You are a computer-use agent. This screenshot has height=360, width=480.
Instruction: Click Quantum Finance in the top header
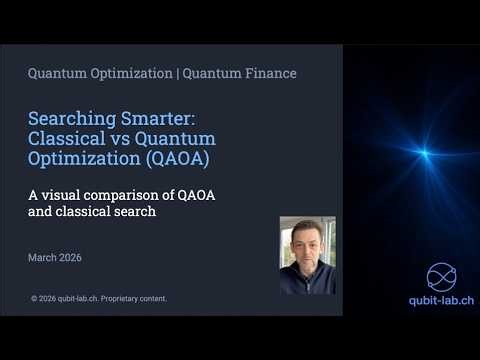click(x=242, y=73)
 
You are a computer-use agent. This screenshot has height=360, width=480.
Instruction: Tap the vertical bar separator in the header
click(x=177, y=73)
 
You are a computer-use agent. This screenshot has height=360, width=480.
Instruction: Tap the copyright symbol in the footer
click(x=35, y=298)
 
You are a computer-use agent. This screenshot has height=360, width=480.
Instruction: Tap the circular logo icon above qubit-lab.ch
click(x=441, y=276)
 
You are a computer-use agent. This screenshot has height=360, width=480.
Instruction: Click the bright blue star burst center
click(x=424, y=153)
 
